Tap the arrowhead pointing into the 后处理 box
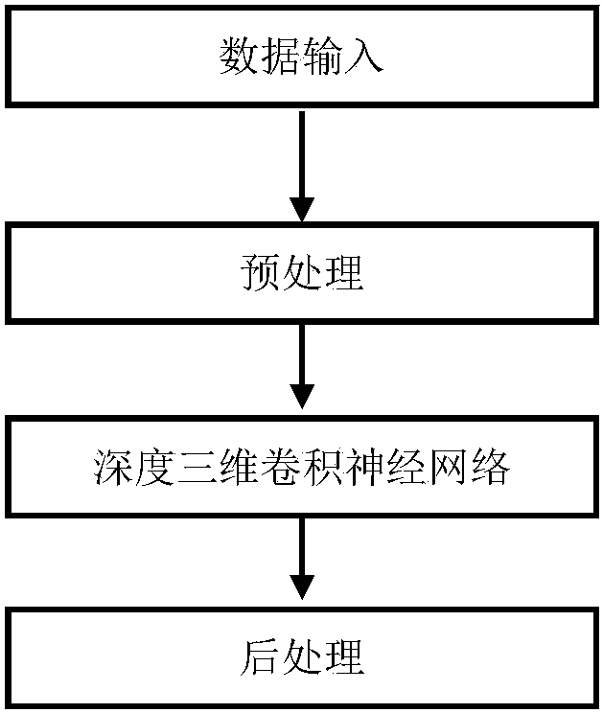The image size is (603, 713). pos(302,586)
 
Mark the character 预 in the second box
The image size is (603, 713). pos(260,274)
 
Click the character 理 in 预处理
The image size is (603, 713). pos(343,274)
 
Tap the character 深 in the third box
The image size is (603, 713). pos(114,470)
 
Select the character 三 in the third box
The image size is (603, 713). pos(197,470)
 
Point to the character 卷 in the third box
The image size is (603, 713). pos(281,470)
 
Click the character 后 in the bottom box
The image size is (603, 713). pos(260,658)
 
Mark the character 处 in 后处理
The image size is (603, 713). pos(302,658)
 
